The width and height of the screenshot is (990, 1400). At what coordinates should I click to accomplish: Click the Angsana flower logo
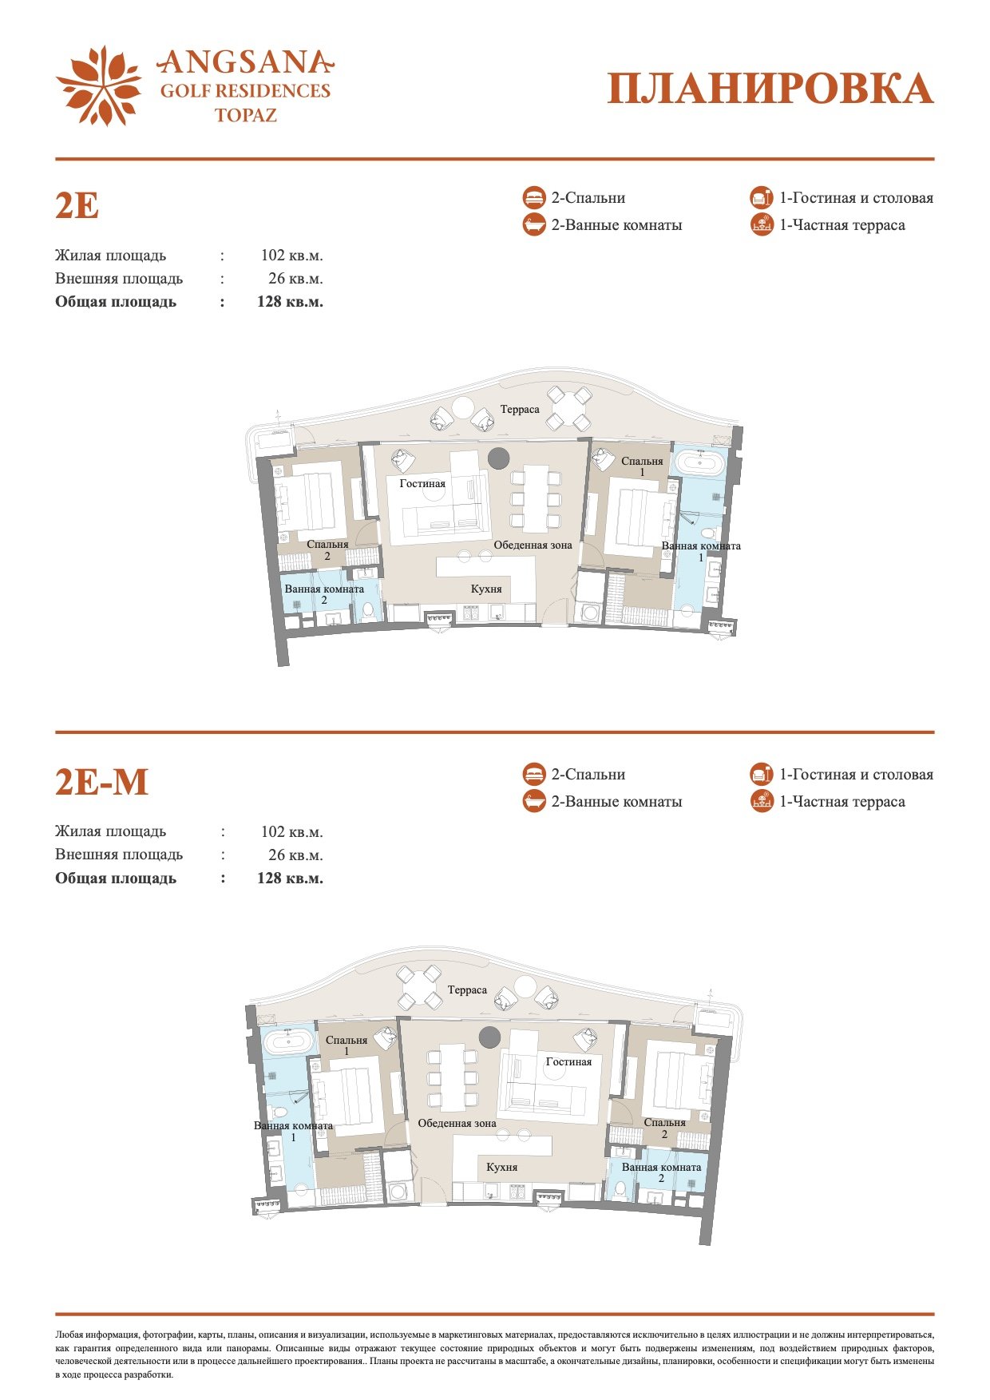[99, 85]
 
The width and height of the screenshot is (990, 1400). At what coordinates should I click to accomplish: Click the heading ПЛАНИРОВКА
[770, 89]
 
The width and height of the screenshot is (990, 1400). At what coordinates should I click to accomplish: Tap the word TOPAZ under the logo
[246, 115]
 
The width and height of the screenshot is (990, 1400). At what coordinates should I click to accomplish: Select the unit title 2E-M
[101, 782]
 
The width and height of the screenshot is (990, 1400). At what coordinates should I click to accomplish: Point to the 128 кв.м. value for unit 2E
[290, 302]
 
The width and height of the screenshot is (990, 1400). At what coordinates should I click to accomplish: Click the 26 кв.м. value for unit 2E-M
[295, 855]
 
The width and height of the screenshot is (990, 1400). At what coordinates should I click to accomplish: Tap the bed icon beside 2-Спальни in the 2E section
[534, 198]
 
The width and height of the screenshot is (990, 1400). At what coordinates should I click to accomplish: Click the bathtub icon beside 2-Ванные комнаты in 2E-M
[534, 801]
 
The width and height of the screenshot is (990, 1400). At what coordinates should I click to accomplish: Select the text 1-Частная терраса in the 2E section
[842, 225]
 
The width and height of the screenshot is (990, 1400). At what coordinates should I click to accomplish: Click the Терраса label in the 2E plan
[520, 410]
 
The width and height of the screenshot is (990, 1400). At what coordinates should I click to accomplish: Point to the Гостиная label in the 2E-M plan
[569, 1062]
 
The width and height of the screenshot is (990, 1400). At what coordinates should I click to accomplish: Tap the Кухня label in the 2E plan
[486, 589]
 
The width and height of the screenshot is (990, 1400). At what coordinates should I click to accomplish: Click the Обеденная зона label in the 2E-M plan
[457, 1123]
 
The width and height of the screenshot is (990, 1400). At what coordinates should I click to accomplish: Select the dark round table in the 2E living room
[499, 458]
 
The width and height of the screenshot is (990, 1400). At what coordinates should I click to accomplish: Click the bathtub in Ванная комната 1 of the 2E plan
[699, 462]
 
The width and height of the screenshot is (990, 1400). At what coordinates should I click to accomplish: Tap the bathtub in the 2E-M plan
[288, 1040]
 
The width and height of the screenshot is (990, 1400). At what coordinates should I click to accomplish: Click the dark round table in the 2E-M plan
[490, 1037]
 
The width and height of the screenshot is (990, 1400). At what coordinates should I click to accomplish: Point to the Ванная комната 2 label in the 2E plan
[324, 594]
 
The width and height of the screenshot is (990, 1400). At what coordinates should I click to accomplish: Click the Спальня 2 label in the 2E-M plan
[664, 1128]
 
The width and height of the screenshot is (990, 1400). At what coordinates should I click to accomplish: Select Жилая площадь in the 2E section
[111, 256]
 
